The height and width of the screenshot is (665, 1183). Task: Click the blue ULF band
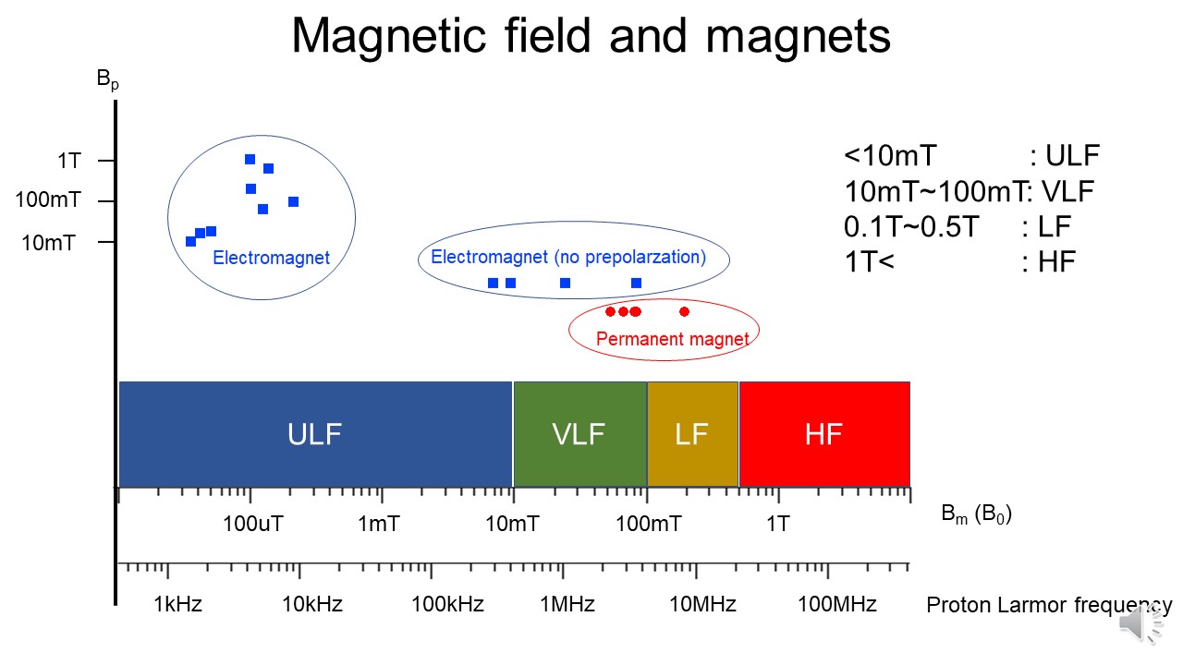point(315,434)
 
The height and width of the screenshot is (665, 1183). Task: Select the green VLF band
point(579,434)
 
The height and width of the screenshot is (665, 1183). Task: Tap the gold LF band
point(692,434)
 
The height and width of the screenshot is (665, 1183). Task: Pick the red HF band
point(823,434)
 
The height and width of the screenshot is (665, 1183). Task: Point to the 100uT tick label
point(253,525)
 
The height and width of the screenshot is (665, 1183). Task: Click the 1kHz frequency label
point(178,605)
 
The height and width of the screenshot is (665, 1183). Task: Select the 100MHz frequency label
point(837,605)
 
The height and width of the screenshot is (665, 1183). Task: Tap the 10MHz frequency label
point(702,605)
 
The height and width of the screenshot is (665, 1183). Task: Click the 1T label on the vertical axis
point(68,161)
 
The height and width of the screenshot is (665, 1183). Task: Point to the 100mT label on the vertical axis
point(46,200)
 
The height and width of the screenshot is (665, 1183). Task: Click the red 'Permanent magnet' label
point(672,339)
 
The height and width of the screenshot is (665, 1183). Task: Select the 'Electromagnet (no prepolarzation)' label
point(568,257)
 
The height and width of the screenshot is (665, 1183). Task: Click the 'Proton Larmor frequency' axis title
point(1049,606)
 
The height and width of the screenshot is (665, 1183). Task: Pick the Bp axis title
point(108,80)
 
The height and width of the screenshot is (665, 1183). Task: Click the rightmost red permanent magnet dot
point(684,311)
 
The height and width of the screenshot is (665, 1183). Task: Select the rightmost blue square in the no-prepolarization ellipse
point(636,283)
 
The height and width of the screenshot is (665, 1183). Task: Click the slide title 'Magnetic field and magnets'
point(591,36)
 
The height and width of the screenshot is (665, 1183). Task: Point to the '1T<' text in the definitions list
point(870,261)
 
